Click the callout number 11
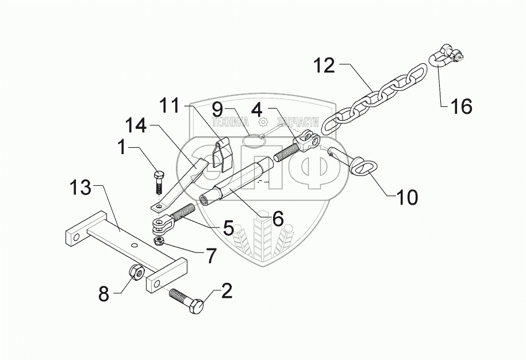(x=170, y=106)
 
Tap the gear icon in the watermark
(x=263, y=122)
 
